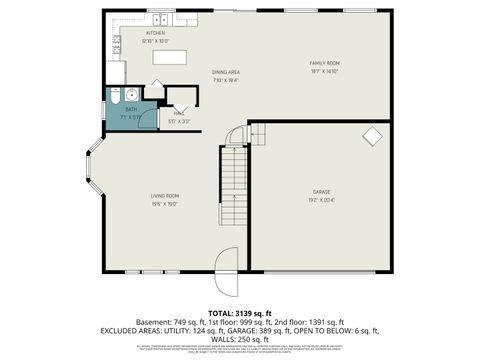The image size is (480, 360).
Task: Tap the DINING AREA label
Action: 225,72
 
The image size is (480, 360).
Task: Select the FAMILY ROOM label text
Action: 324,63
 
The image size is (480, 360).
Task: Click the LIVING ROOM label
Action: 165,195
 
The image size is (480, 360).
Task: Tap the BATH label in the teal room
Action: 131,110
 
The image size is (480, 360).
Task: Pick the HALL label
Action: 178,113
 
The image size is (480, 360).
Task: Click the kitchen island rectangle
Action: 170,57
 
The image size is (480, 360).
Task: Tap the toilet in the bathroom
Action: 115,98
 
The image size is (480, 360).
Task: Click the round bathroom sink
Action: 131,96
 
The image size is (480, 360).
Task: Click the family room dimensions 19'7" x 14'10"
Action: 324,71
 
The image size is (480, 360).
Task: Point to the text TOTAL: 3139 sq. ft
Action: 239,313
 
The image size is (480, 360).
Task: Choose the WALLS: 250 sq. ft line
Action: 239,338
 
